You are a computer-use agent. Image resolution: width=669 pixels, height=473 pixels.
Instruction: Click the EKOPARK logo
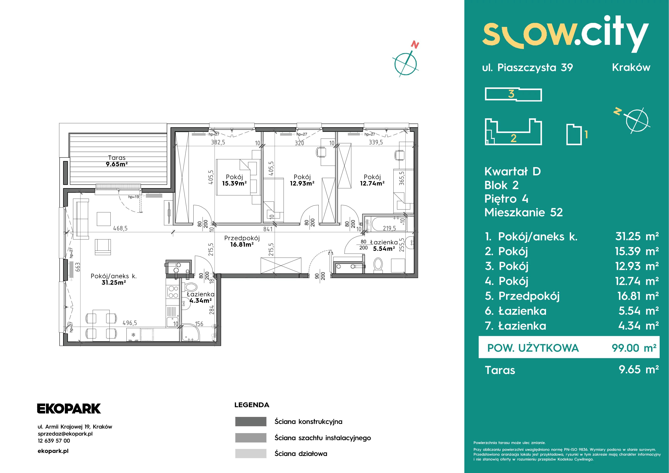(69, 409)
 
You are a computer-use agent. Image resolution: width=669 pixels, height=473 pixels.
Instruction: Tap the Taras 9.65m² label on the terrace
(117, 161)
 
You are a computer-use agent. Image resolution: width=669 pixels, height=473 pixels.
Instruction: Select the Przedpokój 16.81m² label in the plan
(242, 241)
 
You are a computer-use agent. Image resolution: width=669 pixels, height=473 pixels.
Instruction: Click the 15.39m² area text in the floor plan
(234, 183)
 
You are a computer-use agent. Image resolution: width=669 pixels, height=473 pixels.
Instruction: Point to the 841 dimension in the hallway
(268, 229)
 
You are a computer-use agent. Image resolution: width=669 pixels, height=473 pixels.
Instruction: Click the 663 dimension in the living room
(77, 267)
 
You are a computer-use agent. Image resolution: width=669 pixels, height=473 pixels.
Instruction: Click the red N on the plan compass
(415, 45)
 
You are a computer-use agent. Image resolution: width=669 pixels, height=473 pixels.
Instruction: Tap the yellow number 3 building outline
(513, 94)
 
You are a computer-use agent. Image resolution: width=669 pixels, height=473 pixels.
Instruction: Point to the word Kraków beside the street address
(631, 67)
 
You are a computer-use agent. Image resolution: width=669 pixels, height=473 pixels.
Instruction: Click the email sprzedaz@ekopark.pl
(65, 434)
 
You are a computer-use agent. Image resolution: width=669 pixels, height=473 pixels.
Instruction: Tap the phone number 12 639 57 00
(54, 441)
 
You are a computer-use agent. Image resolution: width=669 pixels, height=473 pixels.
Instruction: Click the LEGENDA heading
(252, 405)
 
